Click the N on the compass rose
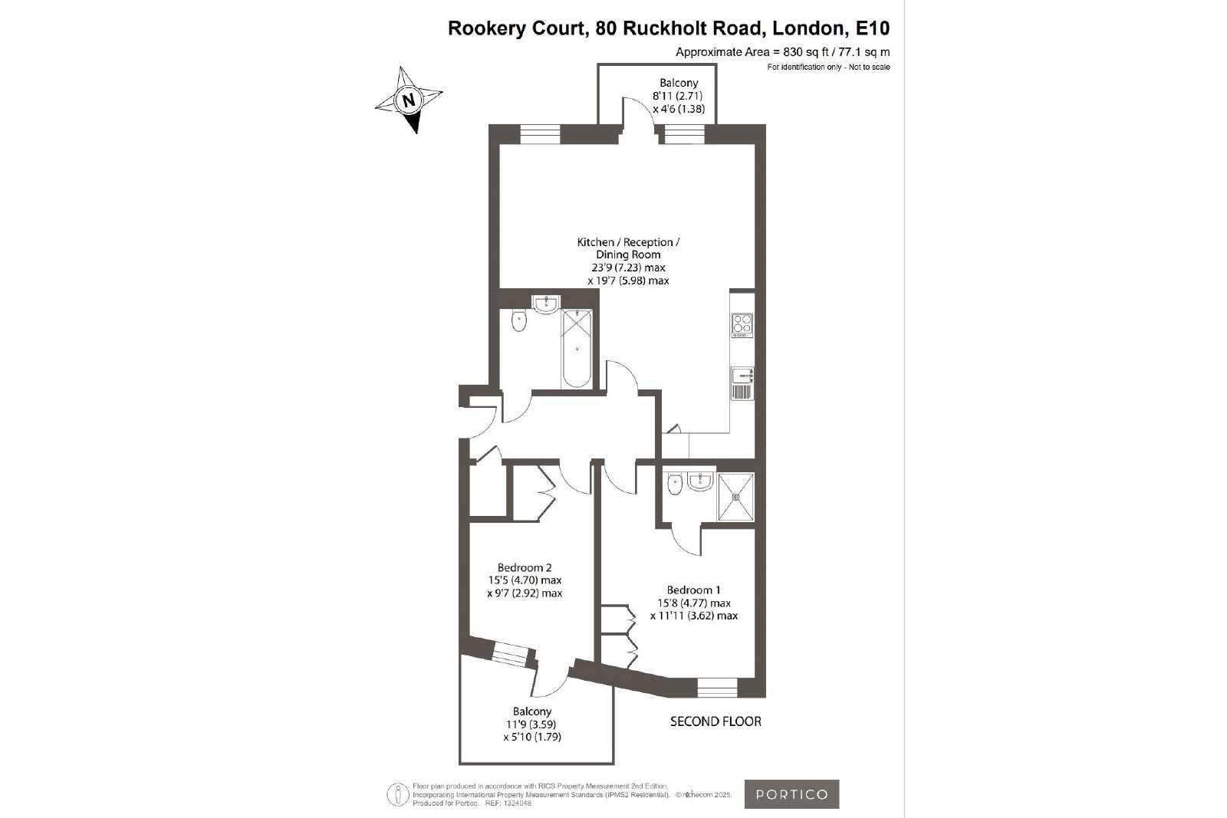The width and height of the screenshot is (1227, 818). click(409, 100)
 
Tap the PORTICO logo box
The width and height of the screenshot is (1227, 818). click(791, 794)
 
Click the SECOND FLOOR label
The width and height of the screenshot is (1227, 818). click(715, 721)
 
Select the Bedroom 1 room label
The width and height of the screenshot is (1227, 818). click(693, 590)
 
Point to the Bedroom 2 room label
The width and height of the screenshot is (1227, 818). click(525, 567)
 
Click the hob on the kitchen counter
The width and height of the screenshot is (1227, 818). click(742, 325)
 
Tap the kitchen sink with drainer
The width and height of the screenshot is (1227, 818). click(742, 383)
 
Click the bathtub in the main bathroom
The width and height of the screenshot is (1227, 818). click(576, 348)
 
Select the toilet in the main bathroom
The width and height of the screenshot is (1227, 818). click(518, 321)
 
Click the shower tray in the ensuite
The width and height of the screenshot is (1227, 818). click(735, 497)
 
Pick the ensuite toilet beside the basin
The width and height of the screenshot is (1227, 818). click(675, 484)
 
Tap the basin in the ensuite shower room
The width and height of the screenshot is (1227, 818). click(700, 481)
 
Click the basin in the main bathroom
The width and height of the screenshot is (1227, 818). click(546, 304)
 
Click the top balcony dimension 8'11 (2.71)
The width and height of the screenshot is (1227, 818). click(678, 96)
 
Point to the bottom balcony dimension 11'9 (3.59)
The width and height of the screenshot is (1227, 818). click(531, 724)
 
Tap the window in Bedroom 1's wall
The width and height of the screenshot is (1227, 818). click(718, 688)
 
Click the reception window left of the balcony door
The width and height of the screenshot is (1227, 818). click(540, 134)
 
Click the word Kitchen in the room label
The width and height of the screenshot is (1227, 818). click(595, 242)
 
